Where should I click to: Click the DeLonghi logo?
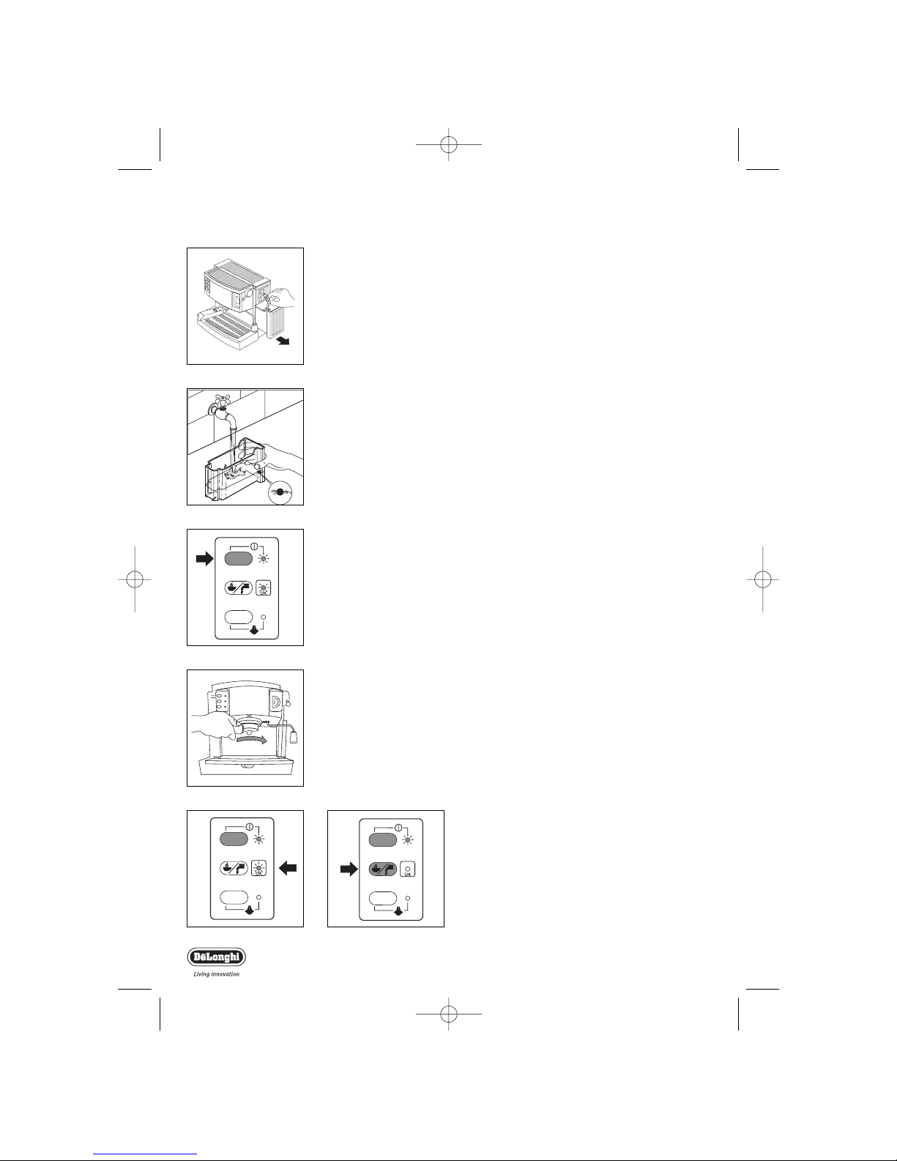(216, 957)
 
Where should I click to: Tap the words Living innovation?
(216, 974)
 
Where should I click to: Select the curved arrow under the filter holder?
(252, 740)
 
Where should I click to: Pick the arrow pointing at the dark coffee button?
(349, 869)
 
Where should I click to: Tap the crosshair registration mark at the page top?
(448, 144)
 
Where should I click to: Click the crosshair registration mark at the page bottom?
(448, 1014)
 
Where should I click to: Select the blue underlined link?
(145, 1155)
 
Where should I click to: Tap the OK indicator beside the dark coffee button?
(407, 869)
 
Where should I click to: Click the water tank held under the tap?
(235, 470)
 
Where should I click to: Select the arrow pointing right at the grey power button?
(204, 559)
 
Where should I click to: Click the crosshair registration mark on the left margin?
(135, 579)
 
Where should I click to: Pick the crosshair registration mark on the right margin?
(762, 579)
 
